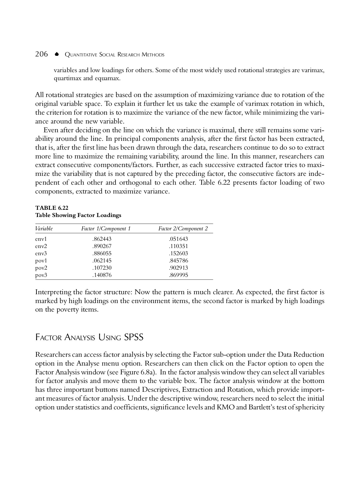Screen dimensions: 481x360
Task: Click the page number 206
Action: click(x=42, y=54)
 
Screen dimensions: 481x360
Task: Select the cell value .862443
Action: click(x=102, y=239)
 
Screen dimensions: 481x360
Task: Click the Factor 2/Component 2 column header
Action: click(x=183, y=229)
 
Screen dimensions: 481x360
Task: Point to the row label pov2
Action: click(x=41, y=268)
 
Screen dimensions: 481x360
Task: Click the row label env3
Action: click(x=41, y=253)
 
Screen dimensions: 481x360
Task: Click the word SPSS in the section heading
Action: click(x=134, y=337)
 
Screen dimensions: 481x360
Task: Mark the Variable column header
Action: click(x=44, y=229)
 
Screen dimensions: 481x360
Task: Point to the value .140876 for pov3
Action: click(x=102, y=275)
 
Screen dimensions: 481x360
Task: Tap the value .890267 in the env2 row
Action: click(x=102, y=246)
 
